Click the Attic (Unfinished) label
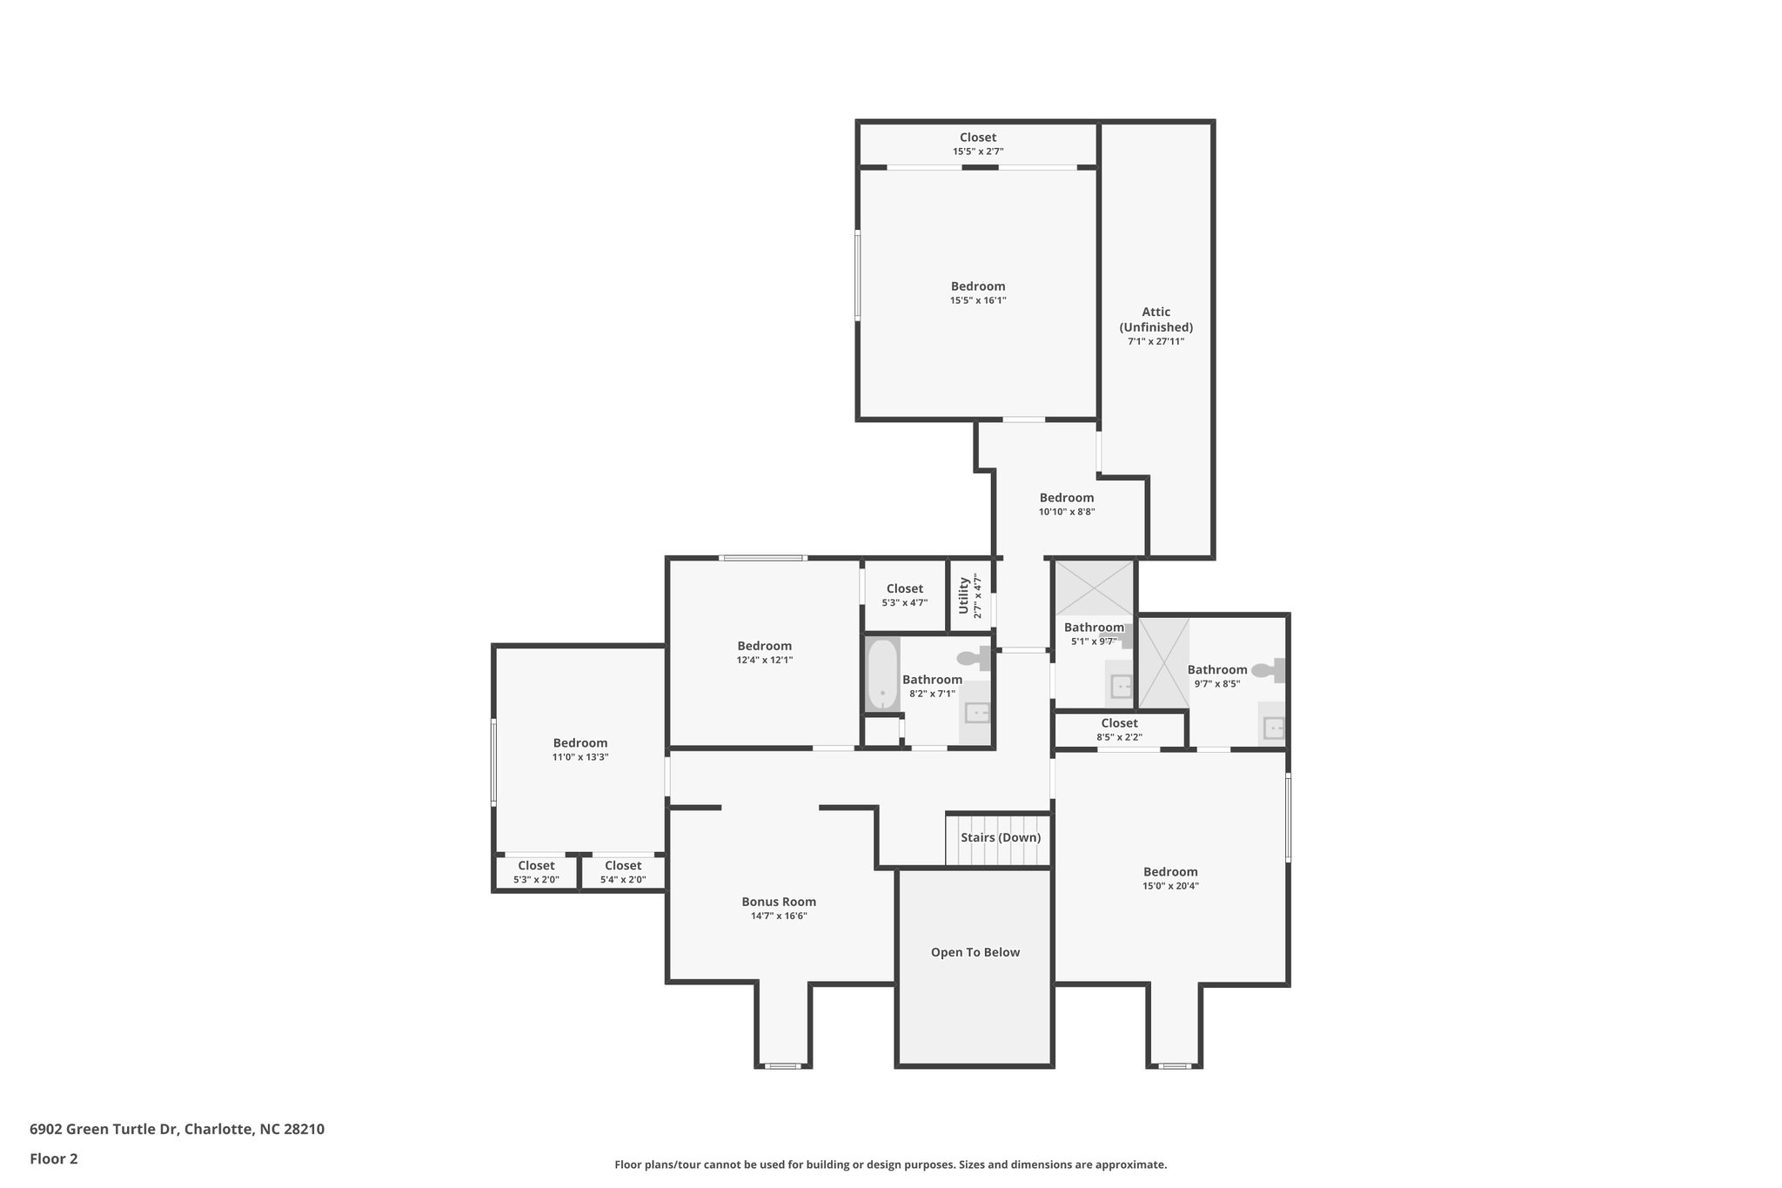click(x=1156, y=319)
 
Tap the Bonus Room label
click(x=779, y=902)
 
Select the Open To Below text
click(x=975, y=952)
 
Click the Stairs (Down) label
click(x=1000, y=837)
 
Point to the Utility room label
click(x=964, y=595)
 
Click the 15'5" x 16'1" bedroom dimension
click(x=978, y=300)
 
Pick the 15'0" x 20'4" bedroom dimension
click(x=1170, y=886)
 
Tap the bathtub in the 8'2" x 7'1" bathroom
click(x=882, y=675)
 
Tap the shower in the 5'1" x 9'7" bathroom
click(x=1095, y=588)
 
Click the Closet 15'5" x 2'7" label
click(x=978, y=138)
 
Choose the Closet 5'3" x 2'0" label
click(x=536, y=866)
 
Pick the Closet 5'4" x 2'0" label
click(x=623, y=866)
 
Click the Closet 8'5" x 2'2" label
click(x=1119, y=723)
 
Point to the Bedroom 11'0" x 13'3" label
click(x=580, y=743)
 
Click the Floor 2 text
click(x=54, y=1158)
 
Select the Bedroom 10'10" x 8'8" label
click(x=1066, y=498)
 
